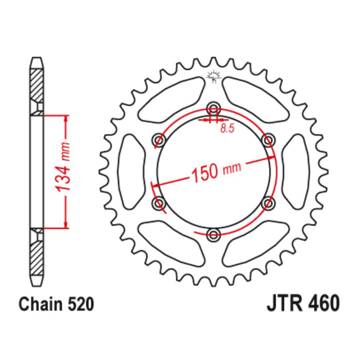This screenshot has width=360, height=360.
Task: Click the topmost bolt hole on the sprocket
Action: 212,109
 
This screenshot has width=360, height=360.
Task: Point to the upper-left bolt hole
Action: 157,141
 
